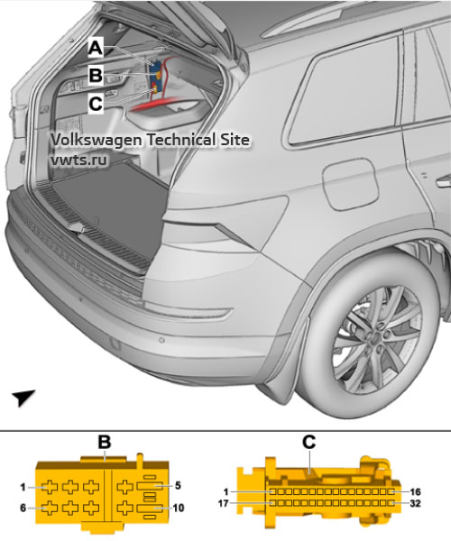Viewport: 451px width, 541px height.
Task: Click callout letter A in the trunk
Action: [x=95, y=46]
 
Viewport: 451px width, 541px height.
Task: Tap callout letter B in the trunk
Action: [x=95, y=75]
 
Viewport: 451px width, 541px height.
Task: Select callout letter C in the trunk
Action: [x=95, y=103]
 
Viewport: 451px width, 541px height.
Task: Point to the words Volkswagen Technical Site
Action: [x=148, y=141]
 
